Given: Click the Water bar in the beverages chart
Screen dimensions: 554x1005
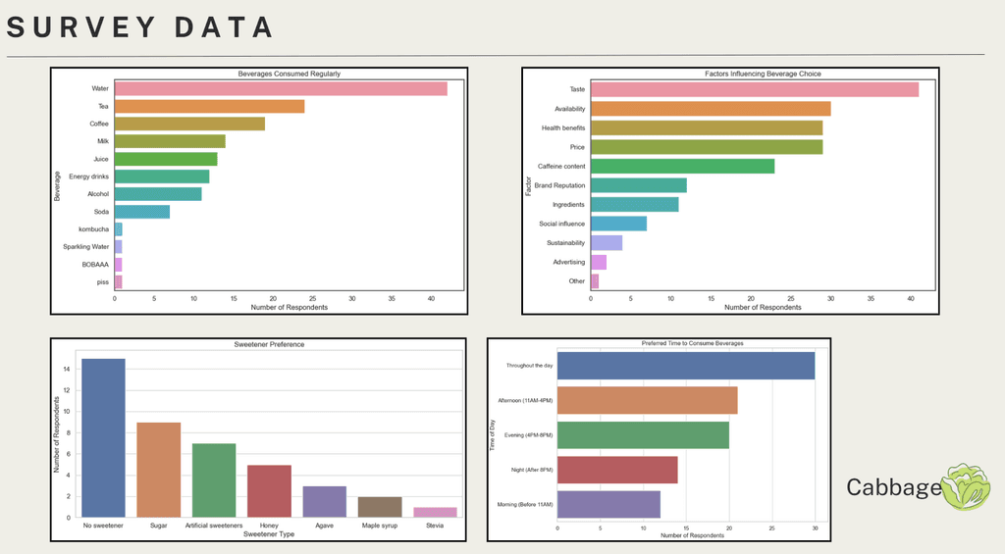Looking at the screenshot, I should (281, 88).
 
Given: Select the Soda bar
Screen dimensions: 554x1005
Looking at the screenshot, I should (142, 212).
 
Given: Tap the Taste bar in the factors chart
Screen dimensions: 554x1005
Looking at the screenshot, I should (754, 89).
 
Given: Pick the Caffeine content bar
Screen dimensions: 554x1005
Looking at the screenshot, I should (682, 166).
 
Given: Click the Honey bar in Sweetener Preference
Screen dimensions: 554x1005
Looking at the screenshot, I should (269, 490).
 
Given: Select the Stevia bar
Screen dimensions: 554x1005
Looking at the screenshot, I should (435, 512).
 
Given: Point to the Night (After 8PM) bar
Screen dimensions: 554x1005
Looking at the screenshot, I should (616, 470).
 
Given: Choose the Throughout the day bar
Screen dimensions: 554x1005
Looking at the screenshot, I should (685, 366).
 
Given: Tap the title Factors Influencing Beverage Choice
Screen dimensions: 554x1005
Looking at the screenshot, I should (762, 74).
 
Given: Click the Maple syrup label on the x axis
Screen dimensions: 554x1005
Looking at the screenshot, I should (379, 526).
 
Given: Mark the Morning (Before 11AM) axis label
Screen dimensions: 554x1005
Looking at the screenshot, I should (529, 504).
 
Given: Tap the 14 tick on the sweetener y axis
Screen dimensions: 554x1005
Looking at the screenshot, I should (65, 370).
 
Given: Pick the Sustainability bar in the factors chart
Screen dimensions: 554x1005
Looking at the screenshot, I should (607, 243).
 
